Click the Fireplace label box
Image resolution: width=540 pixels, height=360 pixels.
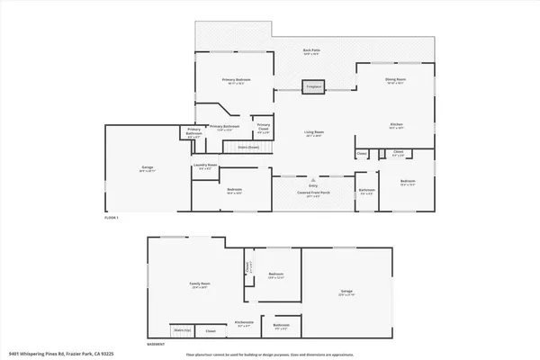tap(313, 87)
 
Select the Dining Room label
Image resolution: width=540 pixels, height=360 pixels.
tap(394, 80)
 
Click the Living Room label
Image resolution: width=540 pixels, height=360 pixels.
tap(313, 133)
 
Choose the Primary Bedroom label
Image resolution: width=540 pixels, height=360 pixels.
tap(236, 81)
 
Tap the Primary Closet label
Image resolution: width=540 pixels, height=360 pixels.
tap(264, 127)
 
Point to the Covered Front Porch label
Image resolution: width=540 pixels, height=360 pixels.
tap(314, 193)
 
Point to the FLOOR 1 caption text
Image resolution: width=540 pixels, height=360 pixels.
tap(112, 218)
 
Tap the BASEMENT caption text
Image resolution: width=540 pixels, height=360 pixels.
tap(157, 343)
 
